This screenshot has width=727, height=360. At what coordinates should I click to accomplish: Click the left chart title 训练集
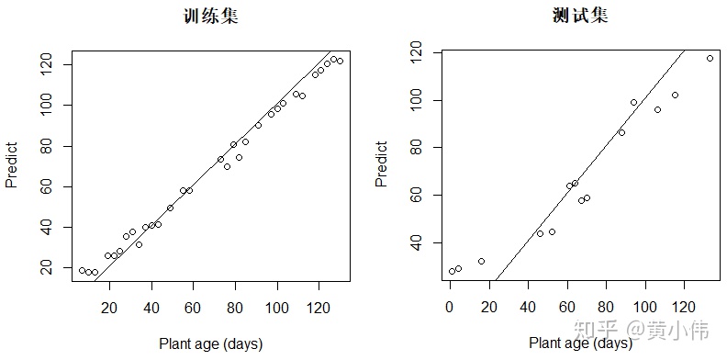pos(211,17)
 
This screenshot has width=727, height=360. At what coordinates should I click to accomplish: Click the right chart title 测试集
pos(581,17)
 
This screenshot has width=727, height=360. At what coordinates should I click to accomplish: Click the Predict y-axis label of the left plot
pos(13,164)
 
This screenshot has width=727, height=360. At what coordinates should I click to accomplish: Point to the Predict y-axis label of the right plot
pos(382,164)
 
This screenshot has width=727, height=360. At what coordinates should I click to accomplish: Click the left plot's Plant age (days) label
pos(210,343)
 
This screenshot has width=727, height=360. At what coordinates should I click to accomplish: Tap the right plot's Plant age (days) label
pos(580,343)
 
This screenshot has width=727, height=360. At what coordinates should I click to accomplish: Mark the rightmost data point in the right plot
pos(710,58)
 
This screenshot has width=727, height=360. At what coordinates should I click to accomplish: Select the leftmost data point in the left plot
pos(82,270)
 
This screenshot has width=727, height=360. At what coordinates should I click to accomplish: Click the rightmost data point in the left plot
pos(340,61)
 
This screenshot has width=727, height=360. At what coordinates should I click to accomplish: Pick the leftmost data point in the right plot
pos(452,271)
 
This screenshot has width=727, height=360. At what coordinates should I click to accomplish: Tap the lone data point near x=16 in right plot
pos(481,261)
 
